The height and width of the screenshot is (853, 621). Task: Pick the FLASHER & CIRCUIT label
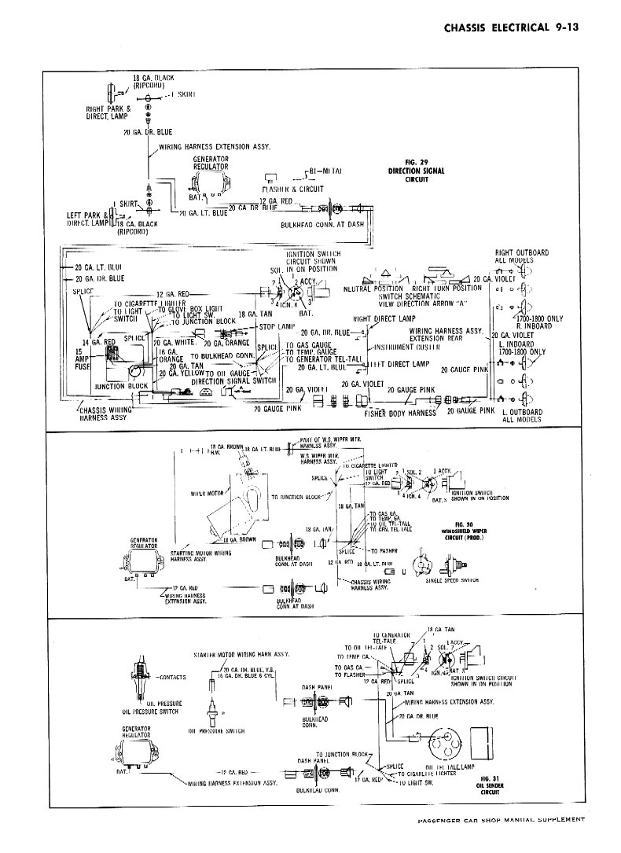coord(293,189)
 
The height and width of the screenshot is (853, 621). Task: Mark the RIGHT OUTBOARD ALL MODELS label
coord(521,256)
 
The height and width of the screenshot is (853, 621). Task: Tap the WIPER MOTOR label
coord(206,494)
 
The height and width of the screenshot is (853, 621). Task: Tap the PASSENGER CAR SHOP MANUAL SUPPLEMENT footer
coord(498,820)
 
